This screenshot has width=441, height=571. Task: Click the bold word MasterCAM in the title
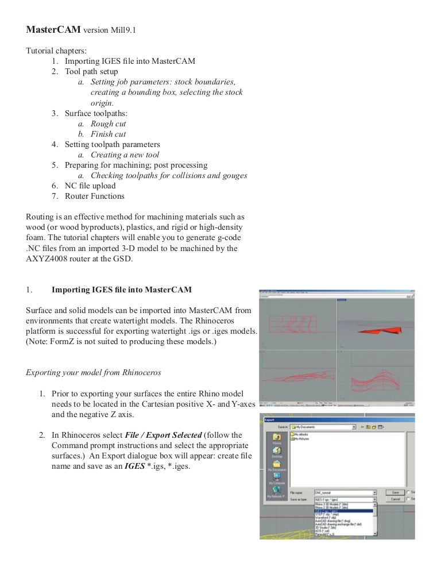pos(53,30)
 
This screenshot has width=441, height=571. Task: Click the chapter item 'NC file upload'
pos(90,186)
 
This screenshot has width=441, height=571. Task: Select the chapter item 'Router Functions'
pos(94,196)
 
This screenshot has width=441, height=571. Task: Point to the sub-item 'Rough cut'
pos(108,124)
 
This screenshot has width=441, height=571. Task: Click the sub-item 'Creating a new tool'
pos(125,155)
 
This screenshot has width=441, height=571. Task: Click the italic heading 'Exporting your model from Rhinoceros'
pos(94,372)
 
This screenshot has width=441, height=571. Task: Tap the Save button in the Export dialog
pos(394,492)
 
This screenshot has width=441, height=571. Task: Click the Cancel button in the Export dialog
pos(394,499)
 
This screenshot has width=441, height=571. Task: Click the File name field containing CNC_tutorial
pos(344,492)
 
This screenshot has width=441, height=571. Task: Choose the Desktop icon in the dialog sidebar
pos(276,452)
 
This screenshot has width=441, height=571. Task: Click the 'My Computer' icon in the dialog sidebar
pos(276,478)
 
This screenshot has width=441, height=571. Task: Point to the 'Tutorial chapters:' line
pos(56,51)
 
